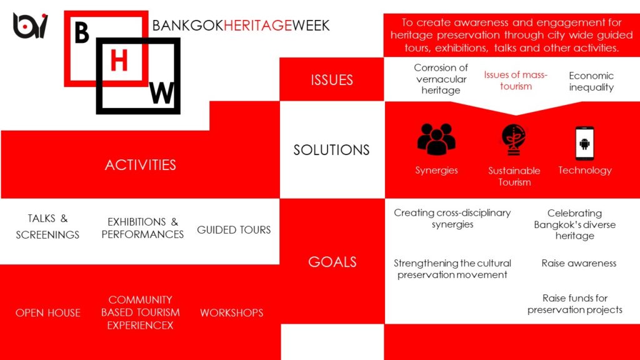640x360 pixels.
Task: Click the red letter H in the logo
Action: point(119,61)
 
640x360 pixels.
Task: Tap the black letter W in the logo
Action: point(162,93)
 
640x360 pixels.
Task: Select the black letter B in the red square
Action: point(82,32)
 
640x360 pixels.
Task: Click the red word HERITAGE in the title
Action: point(257,25)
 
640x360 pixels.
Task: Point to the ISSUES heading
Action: point(332,80)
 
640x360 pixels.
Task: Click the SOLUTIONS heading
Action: point(331,150)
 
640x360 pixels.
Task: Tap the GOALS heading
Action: point(332,262)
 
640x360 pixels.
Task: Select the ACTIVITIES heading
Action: point(141,165)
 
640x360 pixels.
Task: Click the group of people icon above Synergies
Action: point(436,139)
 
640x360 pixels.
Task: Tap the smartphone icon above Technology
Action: point(584,143)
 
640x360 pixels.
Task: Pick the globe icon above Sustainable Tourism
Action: point(514,139)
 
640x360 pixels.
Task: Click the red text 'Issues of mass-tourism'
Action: point(516,81)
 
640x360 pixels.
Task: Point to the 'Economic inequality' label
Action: point(591,81)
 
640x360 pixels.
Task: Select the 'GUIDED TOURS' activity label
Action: point(234,230)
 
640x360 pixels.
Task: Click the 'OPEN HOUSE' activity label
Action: point(48,312)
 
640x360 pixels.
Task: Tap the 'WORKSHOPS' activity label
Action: point(231,312)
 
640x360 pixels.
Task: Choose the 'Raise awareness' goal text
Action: point(579,263)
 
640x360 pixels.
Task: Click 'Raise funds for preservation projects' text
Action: point(575,304)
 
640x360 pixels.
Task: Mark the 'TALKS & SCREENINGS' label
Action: point(47,226)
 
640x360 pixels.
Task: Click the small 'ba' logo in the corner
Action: point(30,25)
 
